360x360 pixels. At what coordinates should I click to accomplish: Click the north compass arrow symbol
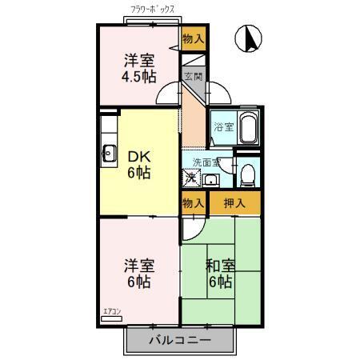coord(250,38)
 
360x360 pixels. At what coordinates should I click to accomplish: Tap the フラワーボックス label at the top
coord(157,11)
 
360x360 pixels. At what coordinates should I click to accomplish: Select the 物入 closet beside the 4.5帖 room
coord(193,38)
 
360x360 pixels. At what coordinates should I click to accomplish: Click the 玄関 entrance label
coord(193,78)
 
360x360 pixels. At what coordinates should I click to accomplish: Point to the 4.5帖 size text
coord(138,76)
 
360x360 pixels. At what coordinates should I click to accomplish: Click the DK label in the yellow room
coord(138,154)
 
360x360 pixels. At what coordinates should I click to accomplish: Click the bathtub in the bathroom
coord(247,126)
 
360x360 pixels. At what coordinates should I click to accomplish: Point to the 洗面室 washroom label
coord(206,162)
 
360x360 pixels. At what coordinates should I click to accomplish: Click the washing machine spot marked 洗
coord(191,178)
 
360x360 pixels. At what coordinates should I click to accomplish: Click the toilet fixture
coord(248,174)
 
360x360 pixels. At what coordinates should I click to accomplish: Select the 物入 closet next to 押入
coord(193,203)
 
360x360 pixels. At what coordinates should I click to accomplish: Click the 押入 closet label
coord(234,203)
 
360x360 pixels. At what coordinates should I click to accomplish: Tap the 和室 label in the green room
coord(221,265)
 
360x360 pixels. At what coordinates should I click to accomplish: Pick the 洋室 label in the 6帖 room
coord(138,265)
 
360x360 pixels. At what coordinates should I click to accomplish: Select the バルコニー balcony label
coord(180,340)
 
